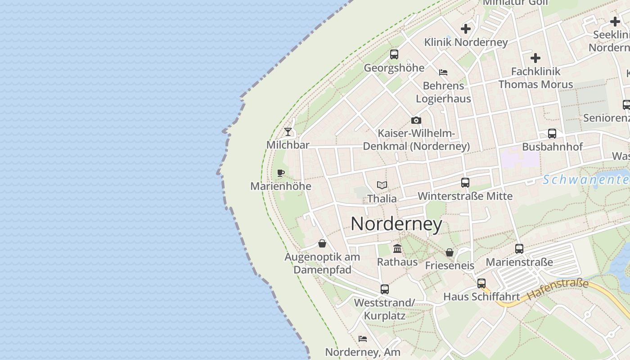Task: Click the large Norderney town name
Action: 396,224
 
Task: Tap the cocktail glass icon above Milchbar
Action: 288,132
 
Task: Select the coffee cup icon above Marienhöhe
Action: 281,173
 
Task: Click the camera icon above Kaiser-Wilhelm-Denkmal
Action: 416,120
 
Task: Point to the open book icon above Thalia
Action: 382,185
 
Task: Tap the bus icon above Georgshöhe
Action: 394,54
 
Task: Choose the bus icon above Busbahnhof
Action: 552,134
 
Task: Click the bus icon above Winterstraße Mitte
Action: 465,183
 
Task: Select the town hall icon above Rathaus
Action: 397,248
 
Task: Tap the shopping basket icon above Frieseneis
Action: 450,252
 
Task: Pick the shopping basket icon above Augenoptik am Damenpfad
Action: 322,243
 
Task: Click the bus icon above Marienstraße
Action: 519,248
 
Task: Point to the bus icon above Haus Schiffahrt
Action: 481,283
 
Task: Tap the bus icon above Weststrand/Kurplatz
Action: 385,289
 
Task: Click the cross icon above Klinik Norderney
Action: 466,29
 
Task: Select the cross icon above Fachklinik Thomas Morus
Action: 535,58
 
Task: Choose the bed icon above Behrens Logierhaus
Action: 443,72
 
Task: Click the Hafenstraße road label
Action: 558,289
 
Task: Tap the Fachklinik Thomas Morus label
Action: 535,78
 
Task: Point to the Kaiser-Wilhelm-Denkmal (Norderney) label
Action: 416,140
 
